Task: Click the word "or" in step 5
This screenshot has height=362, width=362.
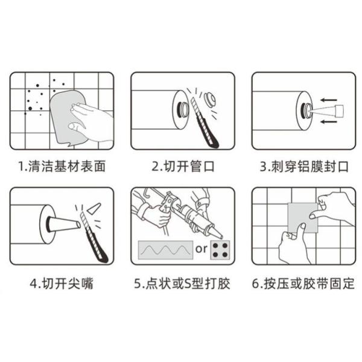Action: point(201,249)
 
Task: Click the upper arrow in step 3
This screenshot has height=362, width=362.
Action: point(328,100)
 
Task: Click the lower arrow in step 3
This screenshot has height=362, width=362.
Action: point(328,121)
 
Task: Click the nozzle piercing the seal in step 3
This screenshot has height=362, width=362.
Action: point(326,111)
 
